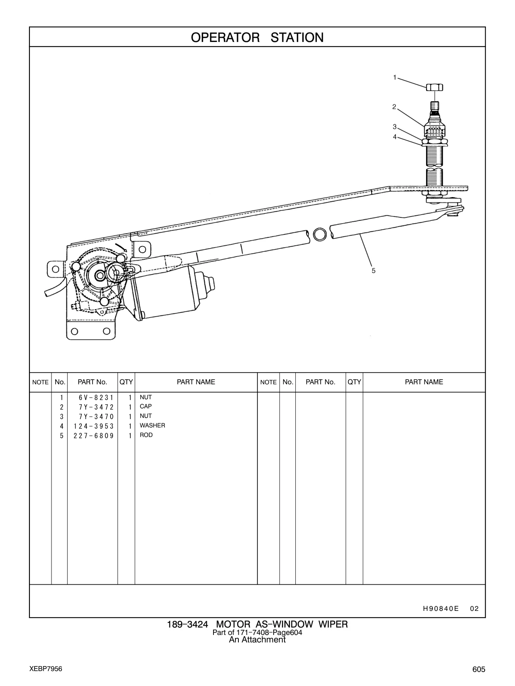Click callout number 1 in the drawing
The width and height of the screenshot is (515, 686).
(x=395, y=77)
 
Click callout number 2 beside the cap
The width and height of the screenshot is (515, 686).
(x=394, y=107)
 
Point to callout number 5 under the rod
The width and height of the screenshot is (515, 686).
(x=373, y=271)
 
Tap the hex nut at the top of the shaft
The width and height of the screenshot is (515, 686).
(x=434, y=87)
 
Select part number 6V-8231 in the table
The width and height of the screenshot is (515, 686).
(x=96, y=398)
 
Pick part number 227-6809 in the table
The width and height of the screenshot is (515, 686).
(x=93, y=436)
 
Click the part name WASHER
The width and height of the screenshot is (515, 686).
(x=152, y=425)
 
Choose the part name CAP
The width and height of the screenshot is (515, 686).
(x=146, y=406)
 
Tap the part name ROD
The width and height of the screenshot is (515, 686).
(x=146, y=435)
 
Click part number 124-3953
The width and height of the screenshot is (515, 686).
(x=93, y=426)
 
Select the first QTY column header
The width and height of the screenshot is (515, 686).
(x=126, y=382)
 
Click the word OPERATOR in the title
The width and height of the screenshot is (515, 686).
(x=225, y=37)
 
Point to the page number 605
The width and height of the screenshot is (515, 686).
(x=479, y=669)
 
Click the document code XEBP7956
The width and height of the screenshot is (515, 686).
(x=46, y=669)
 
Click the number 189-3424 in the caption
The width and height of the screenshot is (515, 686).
(x=187, y=625)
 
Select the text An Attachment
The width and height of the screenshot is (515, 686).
(x=257, y=640)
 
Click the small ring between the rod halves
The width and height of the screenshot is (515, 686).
(x=319, y=234)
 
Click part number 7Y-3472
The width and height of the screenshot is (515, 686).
(x=96, y=407)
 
